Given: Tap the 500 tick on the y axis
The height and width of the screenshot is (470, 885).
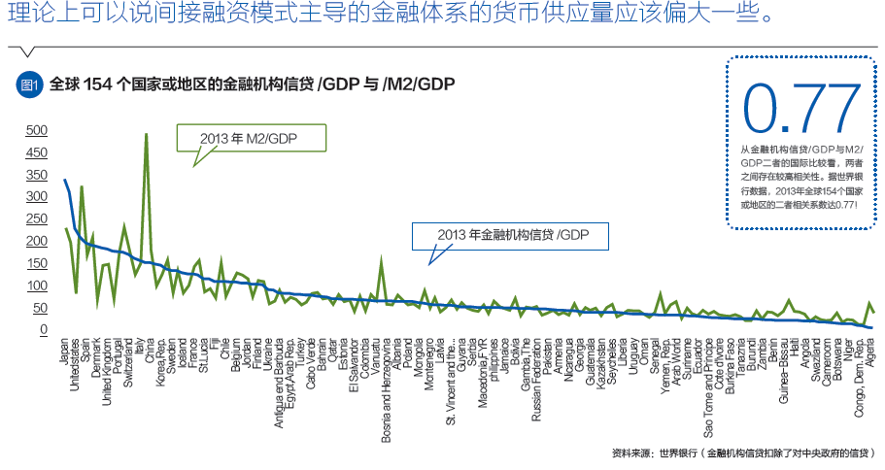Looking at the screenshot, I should (36, 130).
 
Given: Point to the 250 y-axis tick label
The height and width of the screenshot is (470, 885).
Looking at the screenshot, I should (36, 242).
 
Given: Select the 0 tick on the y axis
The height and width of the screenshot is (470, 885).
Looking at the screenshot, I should (43, 330).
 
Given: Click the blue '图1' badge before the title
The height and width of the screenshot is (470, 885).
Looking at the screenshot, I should (29, 84).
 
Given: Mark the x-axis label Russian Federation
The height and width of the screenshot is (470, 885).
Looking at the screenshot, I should (534, 378).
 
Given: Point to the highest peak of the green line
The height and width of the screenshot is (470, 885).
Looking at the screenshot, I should (146, 134).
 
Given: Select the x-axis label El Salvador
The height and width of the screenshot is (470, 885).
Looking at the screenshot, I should (354, 363).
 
